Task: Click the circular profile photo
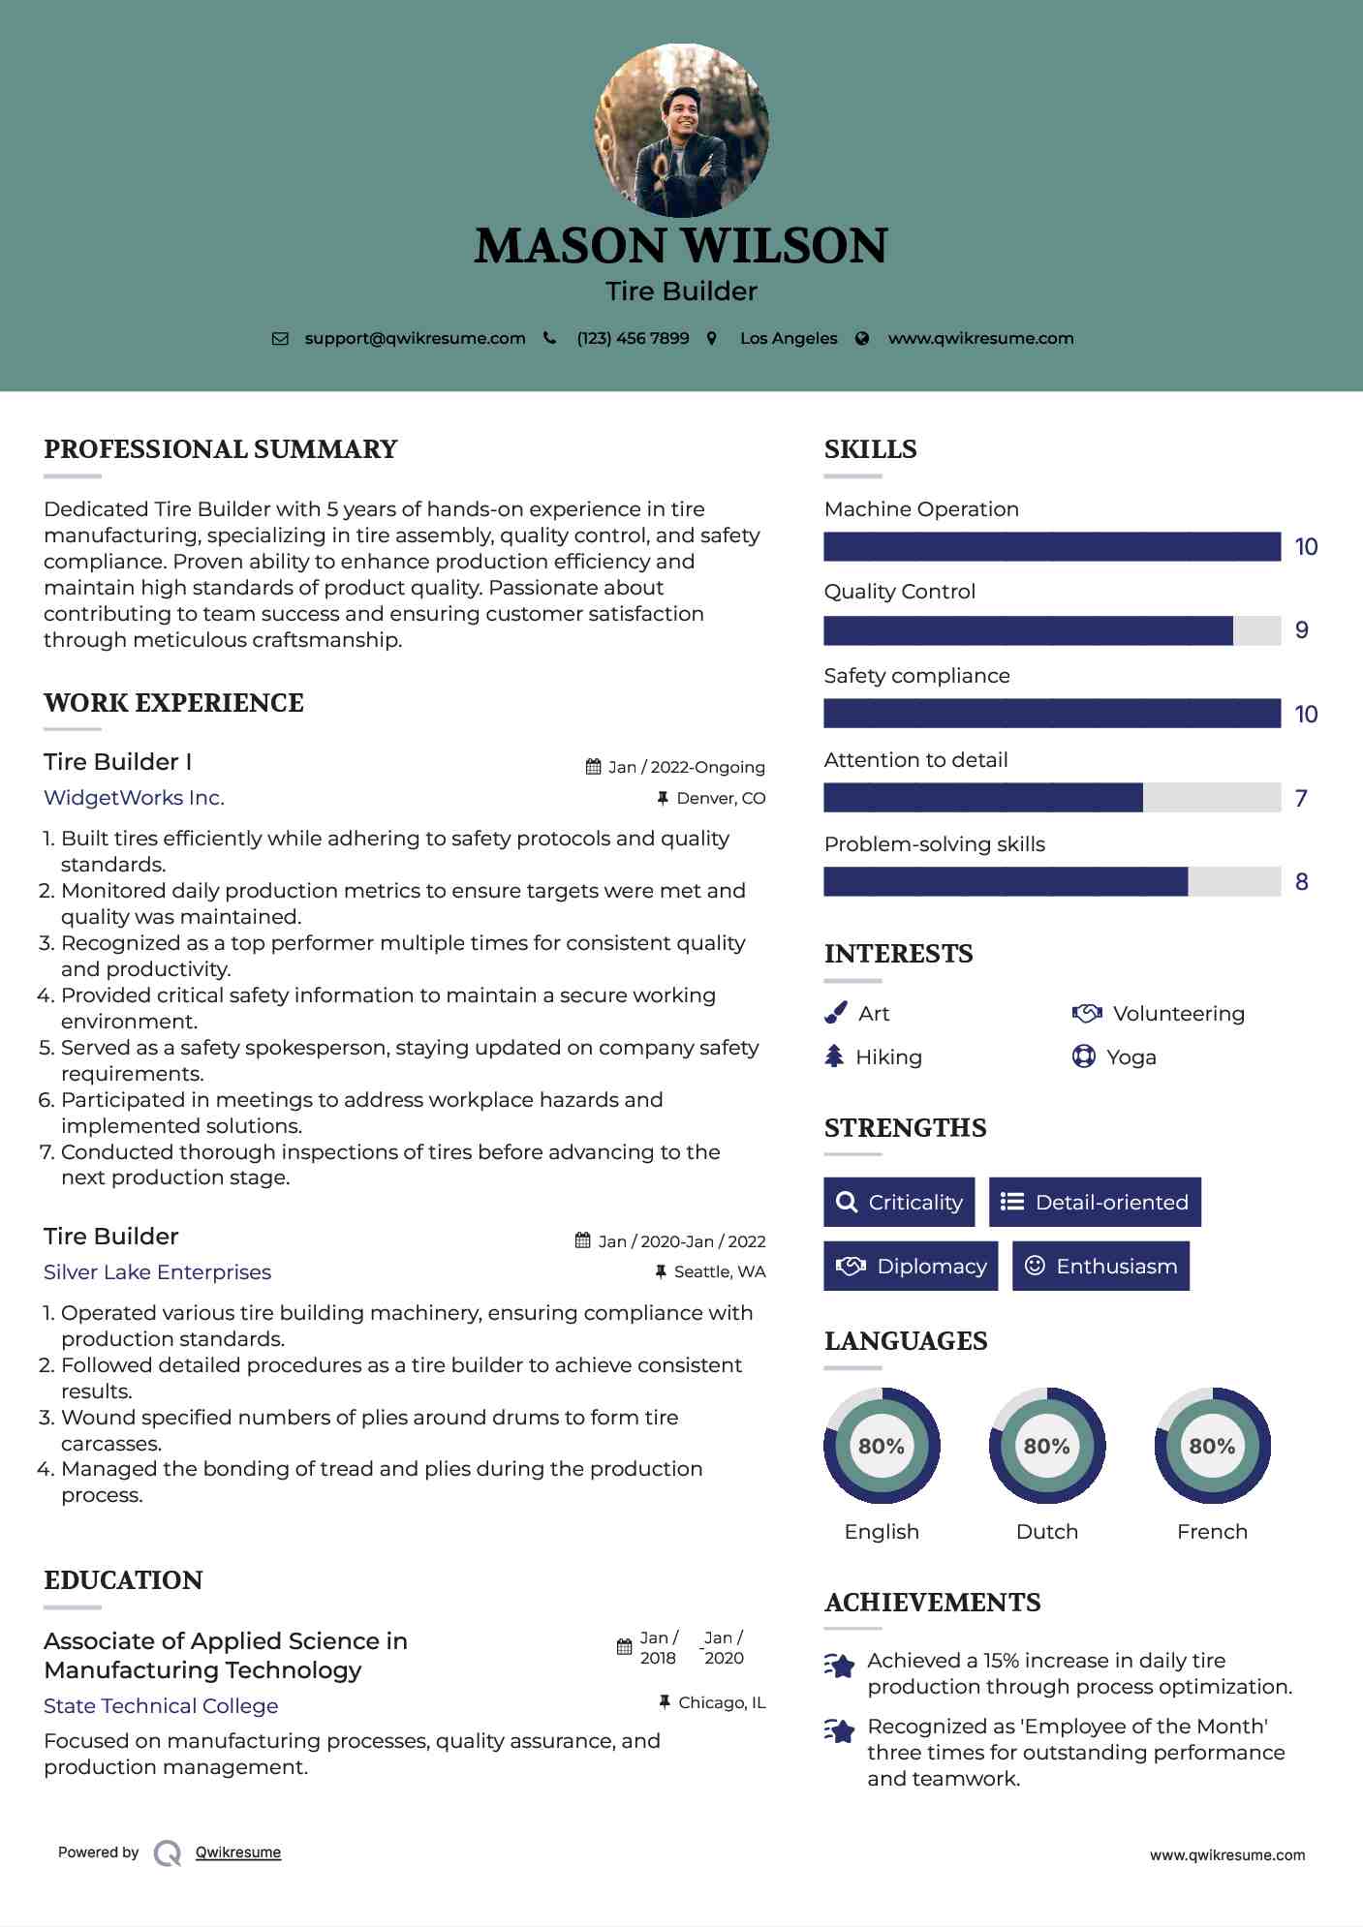click(x=682, y=130)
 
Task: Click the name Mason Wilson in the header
click(x=681, y=246)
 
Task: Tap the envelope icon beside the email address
click(x=280, y=339)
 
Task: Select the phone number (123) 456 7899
click(x=633, y=339)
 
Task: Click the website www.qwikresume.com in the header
click(x=980, y=339)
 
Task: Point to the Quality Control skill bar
click(x=1052, y=630)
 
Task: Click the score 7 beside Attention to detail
click(x=1301, y=799)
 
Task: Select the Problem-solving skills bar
click(x=1052, y=882)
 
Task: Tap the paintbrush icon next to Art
click(x=835, y=1013)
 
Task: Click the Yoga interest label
click(x=1131, y=1057)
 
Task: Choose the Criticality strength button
click(x=899, y=1203)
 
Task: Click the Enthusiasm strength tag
click(x=1100, y=1267)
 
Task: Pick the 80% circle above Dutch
click(x=1047, y=1446)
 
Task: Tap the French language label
click(x=1212, y=1532)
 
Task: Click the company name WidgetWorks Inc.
click(x=134, y=798)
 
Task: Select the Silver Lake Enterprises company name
click(x=157, y=1272)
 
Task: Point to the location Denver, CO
click(x=721, y=799)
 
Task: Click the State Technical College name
click(x=161, y=1706)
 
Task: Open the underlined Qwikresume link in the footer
click(x=238, y=1852)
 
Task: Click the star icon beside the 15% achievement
click(x=840, y=1666)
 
